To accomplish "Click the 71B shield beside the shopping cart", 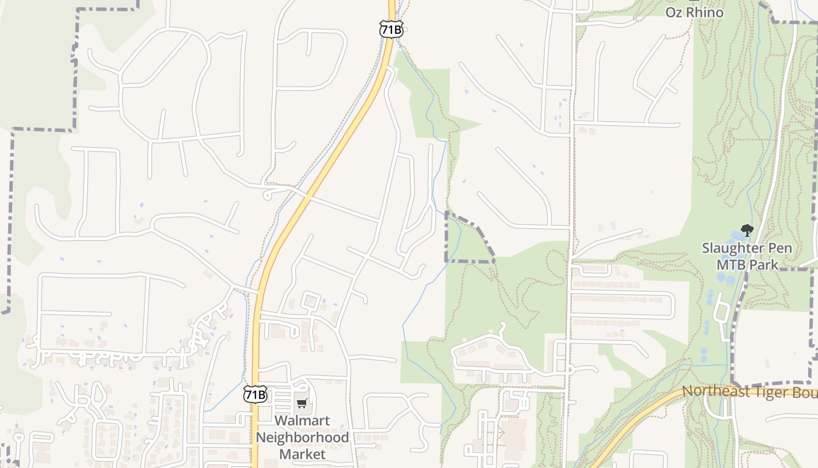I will (x=255, y=394).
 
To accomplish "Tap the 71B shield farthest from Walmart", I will (x=391, y=29).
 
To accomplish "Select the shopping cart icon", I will (x=301, y=403).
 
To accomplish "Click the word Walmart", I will (x=302, y=421).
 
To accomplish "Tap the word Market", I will (x=302, y=454).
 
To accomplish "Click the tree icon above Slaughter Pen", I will (x=746, y=230).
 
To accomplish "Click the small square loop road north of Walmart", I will (x=310, y=300).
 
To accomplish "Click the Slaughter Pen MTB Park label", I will (x=747, y=256).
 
